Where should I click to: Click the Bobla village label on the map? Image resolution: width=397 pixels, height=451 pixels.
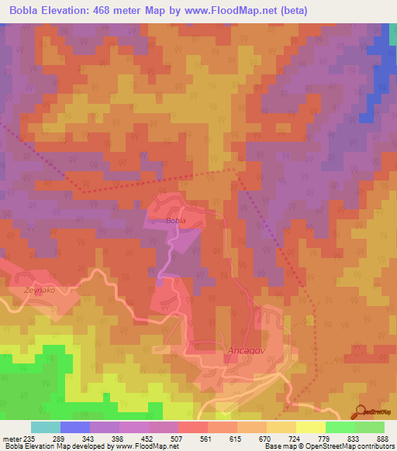176,222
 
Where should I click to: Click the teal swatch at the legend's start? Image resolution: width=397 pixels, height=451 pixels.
46,427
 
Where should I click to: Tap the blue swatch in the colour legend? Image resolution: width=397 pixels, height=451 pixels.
75,427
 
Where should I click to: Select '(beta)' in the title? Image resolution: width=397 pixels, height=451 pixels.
294,11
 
